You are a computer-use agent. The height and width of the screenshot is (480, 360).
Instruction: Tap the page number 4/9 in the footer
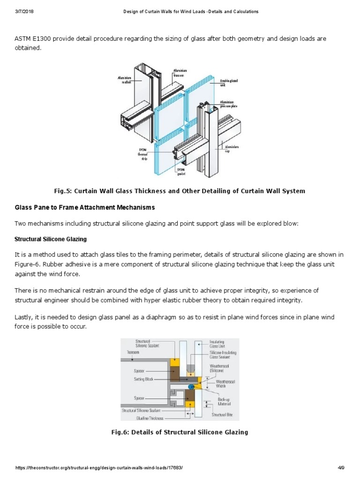pos(341,468)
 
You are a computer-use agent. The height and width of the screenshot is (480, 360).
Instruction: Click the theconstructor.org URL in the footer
pos(99,468)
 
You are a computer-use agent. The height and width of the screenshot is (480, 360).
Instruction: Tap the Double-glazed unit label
pos(229,83)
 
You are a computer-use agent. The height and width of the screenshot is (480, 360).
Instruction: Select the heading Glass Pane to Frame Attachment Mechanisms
pos(85,207)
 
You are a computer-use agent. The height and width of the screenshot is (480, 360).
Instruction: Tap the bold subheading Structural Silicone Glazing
pos(51,239)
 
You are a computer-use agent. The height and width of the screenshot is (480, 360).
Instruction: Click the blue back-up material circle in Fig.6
pos(191,386)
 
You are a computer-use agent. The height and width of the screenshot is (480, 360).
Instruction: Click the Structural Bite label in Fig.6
pos(222,415)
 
